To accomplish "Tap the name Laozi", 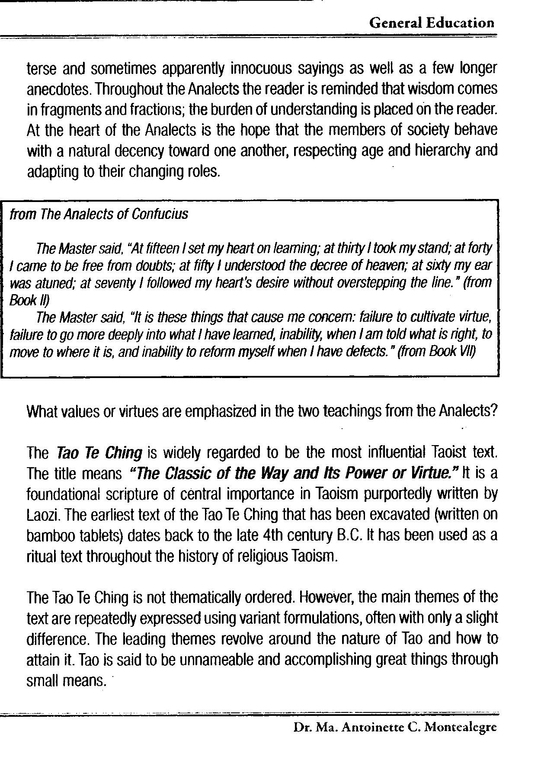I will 41,515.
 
